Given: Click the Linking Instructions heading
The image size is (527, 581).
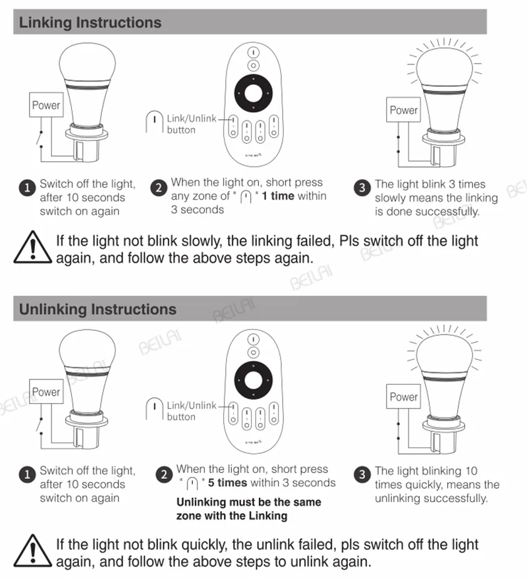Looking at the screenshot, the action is [90, 22].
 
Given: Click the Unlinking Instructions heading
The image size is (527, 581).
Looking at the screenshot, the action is [97, 310].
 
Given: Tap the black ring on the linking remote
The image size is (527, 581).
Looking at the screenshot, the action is [254, 80].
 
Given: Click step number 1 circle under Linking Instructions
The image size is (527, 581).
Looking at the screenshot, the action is [27, 188].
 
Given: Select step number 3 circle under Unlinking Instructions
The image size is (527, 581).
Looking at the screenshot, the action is [362, 475].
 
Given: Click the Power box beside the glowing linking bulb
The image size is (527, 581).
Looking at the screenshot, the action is [403, 109].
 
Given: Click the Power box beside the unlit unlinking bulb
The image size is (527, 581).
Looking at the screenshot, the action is [46, 391].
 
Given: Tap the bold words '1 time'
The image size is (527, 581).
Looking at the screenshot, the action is [278, 196].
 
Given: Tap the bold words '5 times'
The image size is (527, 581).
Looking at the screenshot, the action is [227, 482].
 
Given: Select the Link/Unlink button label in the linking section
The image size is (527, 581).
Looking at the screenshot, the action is [192, 124].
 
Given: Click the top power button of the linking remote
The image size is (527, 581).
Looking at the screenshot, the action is [254, 53].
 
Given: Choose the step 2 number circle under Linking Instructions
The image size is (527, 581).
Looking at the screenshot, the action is [159, 188].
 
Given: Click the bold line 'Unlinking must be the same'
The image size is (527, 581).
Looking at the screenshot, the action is [248, 502].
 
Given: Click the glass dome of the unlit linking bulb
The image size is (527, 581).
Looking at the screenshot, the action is [88, 61].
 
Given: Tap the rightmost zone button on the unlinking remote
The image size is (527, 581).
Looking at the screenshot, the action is [274, 413].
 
